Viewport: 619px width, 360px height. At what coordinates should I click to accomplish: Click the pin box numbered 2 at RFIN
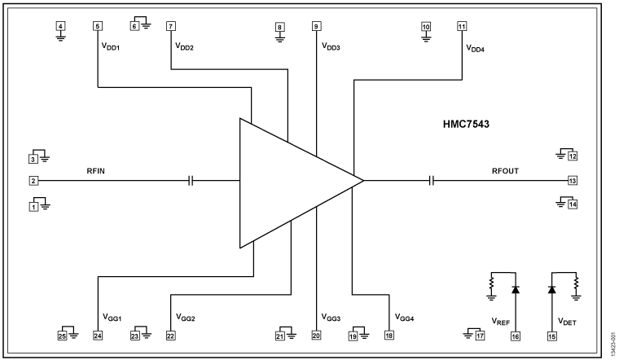[34, 180]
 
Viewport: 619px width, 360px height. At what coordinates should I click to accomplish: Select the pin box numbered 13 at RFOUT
[573, 180]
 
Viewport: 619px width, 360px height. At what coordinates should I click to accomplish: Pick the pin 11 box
[462, 26]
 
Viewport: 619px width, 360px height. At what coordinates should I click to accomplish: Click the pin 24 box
[98, 335]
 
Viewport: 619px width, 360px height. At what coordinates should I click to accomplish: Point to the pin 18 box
[389, 335]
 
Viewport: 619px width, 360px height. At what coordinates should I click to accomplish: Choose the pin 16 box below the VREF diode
[515, 335]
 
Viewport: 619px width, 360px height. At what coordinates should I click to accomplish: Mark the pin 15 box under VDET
[551, 335]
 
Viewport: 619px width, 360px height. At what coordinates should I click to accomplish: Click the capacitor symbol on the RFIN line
[191, 180]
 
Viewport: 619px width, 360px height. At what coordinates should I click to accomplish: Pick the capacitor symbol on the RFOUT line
[432, 180]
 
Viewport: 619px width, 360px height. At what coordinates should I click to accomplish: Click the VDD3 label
[330, 47]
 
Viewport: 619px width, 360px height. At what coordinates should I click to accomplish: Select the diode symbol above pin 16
[515, 289]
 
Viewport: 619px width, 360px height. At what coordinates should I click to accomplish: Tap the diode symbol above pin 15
[551, 289]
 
